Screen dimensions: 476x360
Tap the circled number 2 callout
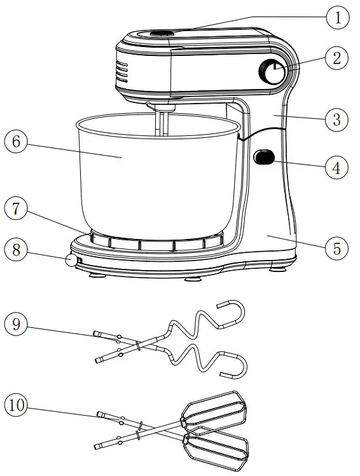click(337, 58)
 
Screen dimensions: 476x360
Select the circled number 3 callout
click(337, 118)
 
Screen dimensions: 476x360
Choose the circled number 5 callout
click(337, 248)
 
